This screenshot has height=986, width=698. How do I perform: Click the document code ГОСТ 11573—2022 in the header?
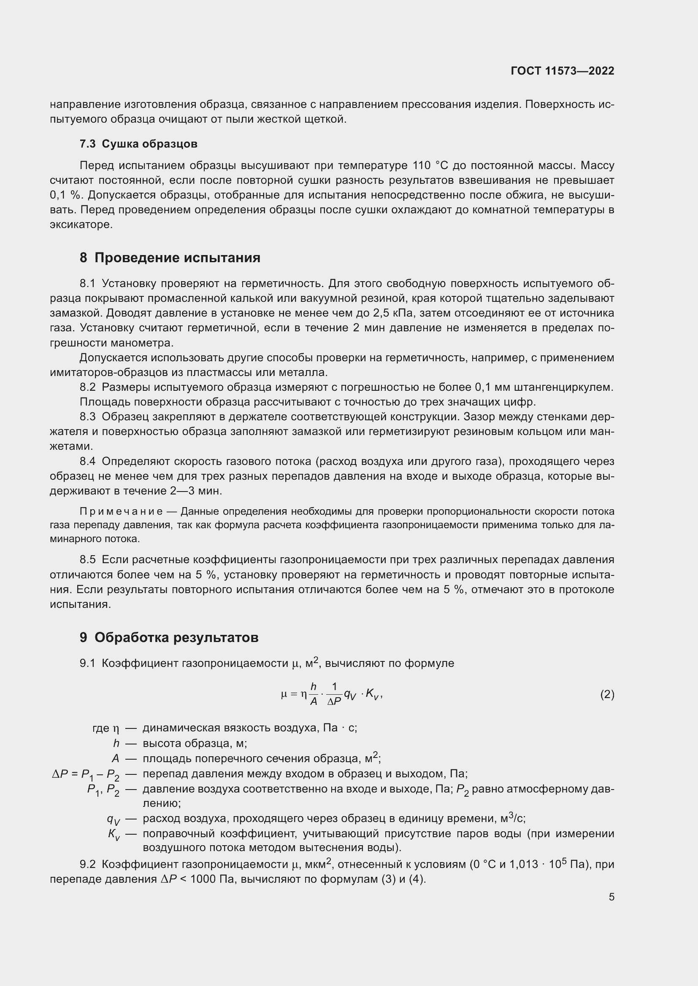click(562, 71)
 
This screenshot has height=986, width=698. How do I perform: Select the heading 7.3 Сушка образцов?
click(138, 144)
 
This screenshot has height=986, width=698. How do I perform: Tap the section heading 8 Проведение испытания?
click(170, 258)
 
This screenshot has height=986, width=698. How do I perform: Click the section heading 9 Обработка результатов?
click(169, 637)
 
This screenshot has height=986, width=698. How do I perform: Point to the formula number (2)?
click(607, 694)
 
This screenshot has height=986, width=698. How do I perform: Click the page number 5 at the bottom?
click(611, 897)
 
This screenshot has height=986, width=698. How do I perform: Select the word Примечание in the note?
click(121, 511)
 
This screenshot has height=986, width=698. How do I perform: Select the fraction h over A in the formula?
click(313, 694)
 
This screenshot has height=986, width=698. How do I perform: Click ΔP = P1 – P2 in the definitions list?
click(86, 774)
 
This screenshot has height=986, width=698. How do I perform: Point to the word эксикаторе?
click(81, 225)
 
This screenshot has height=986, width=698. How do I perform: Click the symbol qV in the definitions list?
click(114, 819)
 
